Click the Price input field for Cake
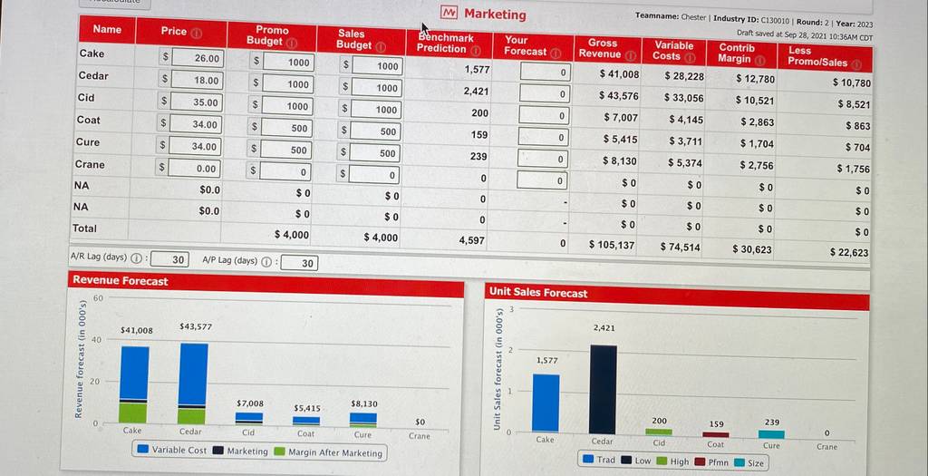pos(197,58)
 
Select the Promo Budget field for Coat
pos(286,128)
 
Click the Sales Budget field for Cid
pos(377,110)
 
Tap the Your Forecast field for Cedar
pos(546,93)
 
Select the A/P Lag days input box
pos(299,263)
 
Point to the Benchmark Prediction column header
pos(448,44)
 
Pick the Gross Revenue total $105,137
pos(612,244)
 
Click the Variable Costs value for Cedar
pos(683,98)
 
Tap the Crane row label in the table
pos(90,164)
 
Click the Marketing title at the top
pos(485,14)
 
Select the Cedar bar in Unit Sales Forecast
pos(603,390)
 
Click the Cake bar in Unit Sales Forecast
pos(545,403)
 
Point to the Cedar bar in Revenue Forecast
pos(193,384)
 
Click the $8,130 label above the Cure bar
pos(364,403)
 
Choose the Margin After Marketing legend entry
pos(329,453)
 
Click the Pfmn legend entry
pos(710,461)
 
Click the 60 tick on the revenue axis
pos(97,297)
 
